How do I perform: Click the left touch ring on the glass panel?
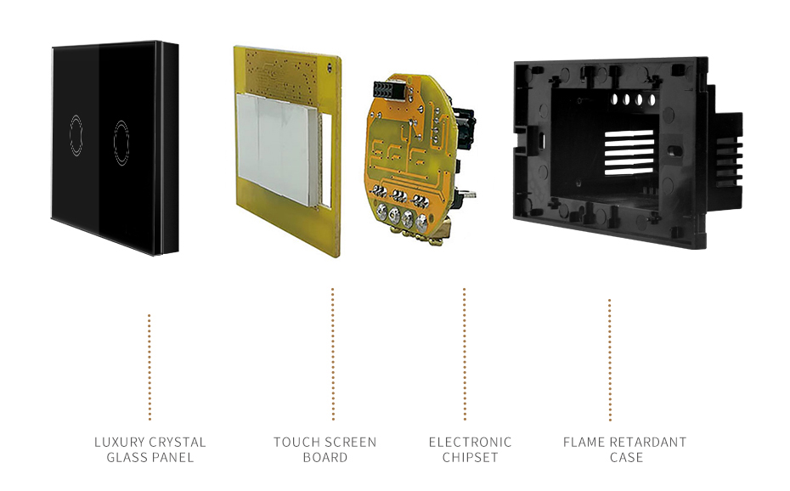pyautogui.click(x=70, y=135)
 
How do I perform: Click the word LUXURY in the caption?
pyautogui.click(x=120, y=442)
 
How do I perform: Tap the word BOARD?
pyautogui.click(x=325, y=457)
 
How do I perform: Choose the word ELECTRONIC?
pyautogui.click(x=470, y=442)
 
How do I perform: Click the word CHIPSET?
pyautogui.click(x=470, y=457)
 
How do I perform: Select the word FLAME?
pyautogui.click(x=584, y=442)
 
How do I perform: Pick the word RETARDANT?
pyautogui.click(x=648, y=442)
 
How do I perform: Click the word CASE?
pyautogui.click(x=626, y=457)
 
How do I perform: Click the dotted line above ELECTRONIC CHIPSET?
pyautogui.click(x=465, y=354)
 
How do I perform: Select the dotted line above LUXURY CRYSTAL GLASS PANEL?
pyautogui.click(x=150, y=367)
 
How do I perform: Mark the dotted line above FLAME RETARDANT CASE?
pyautogui.click(x=610, y=359)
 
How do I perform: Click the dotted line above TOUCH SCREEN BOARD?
pyautogui.click(x=332, y=354)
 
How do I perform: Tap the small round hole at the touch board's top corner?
pyautogui.click(x=330, y=66)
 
